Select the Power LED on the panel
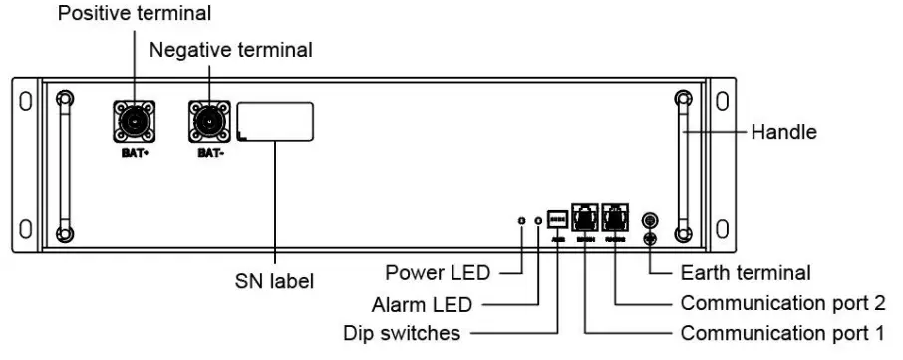point(521,219)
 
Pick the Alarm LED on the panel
point(539,219)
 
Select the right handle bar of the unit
point(682,165)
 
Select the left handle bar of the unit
point(64,165)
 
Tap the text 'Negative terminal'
point(216,49)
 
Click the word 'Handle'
point(784,131)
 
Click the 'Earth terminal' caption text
point(745,271)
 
